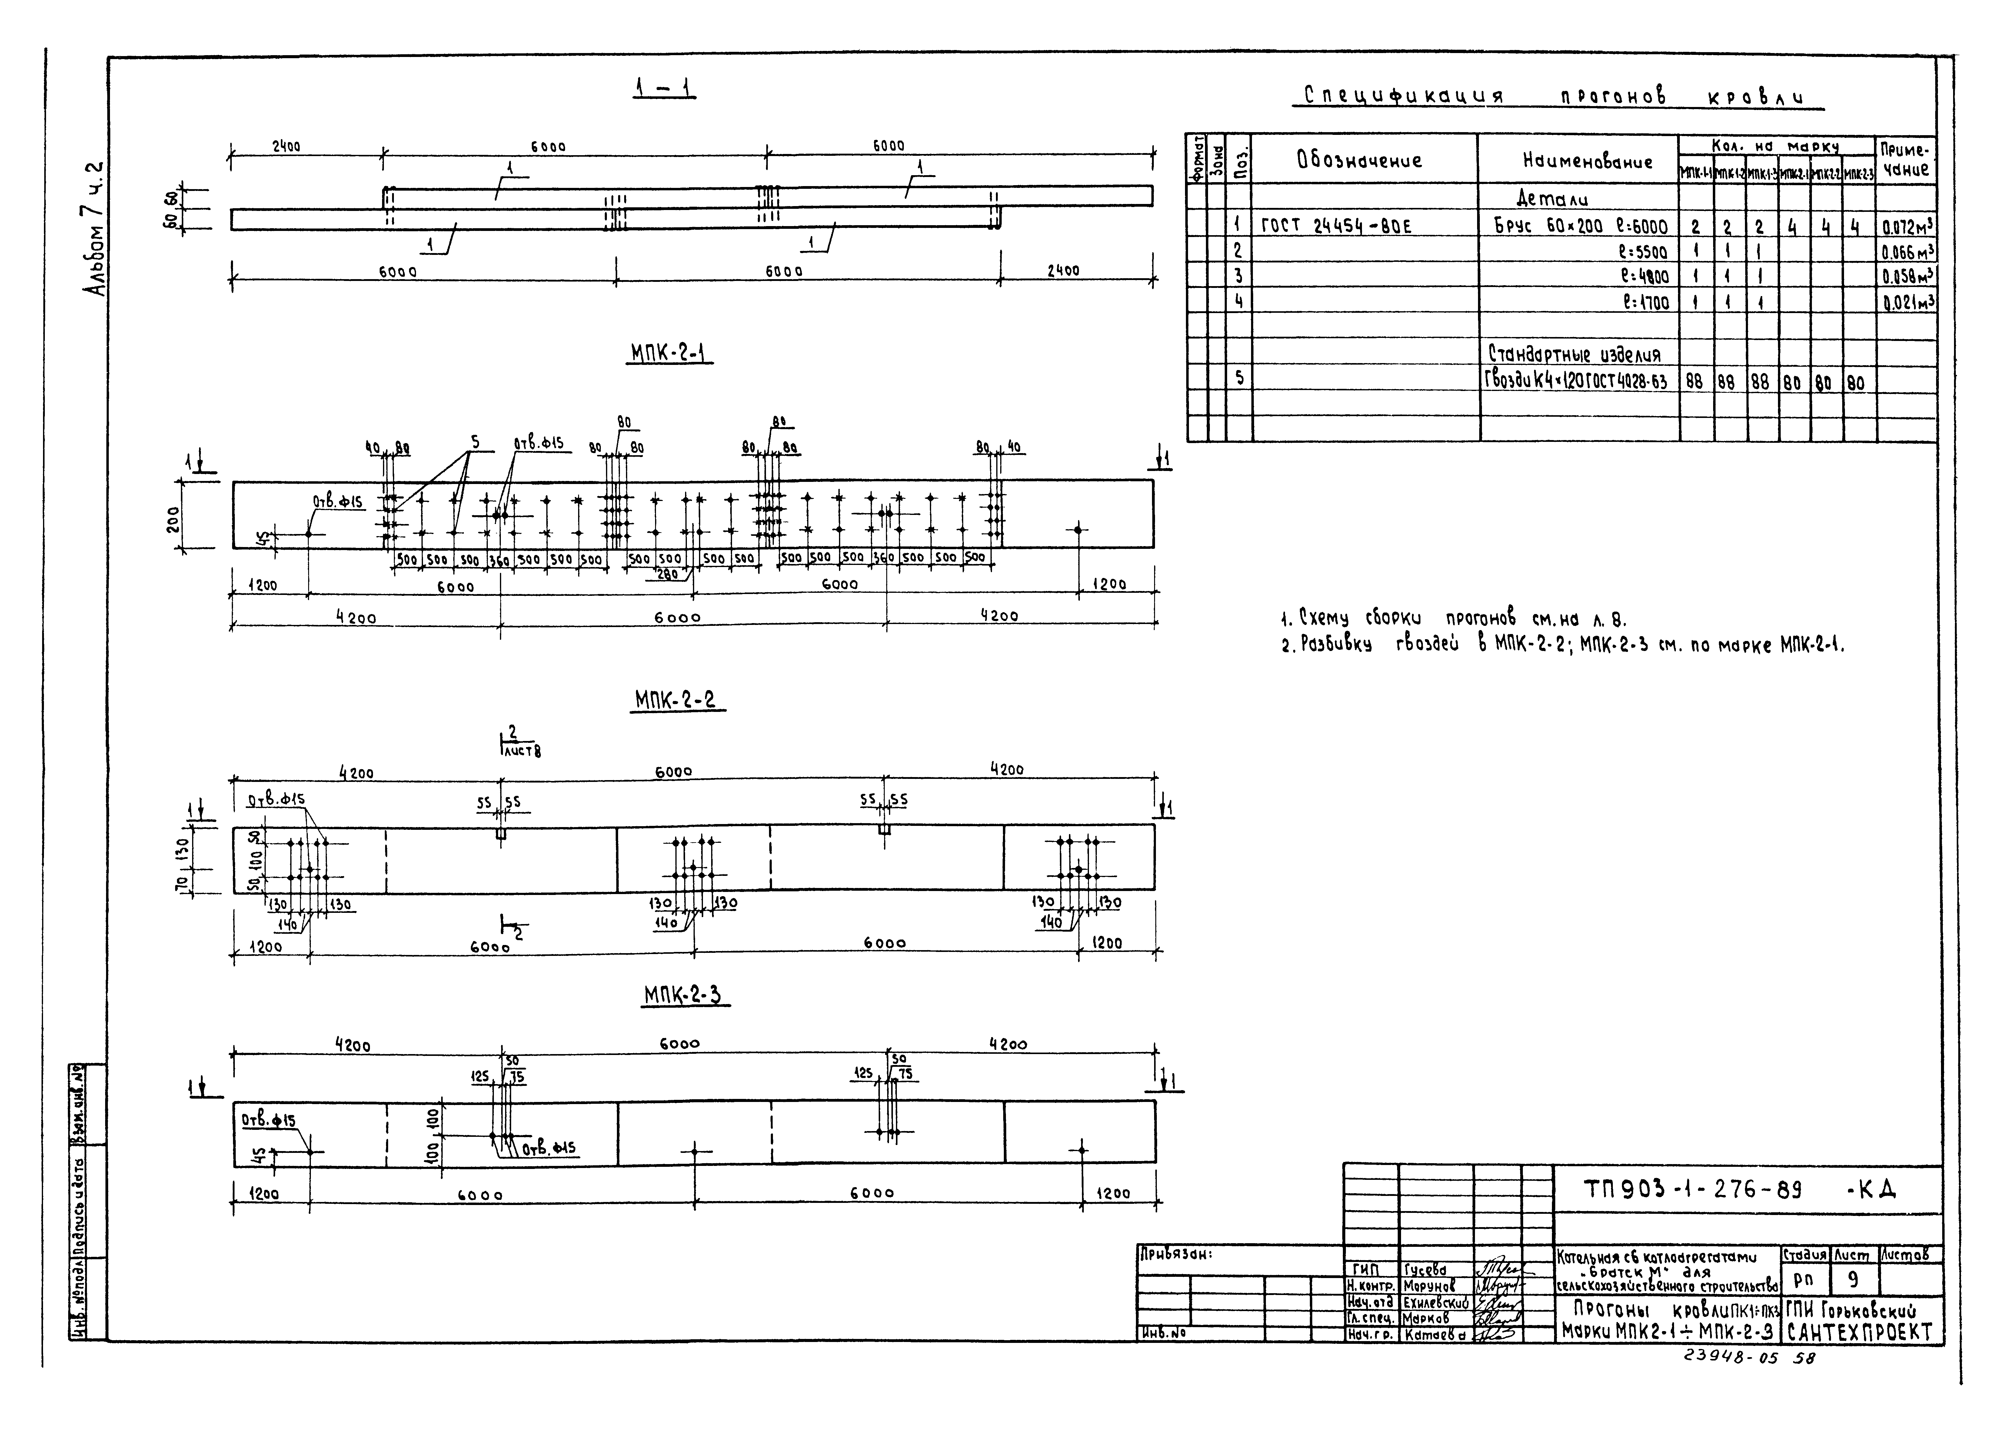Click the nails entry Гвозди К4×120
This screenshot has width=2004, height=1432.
[1578, 381]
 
